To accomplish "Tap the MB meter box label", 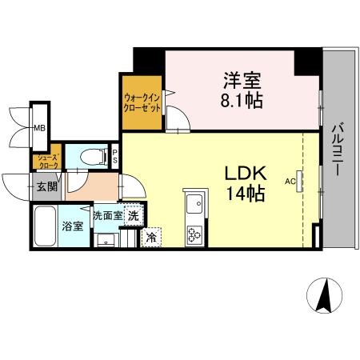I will coord(38,127).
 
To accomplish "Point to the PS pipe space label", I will coord(115,155).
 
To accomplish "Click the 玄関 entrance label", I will coord(46,187).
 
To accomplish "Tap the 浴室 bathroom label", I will coord(73,225).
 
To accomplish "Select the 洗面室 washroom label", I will coord(106,215).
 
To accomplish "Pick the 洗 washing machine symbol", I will coord(133,215).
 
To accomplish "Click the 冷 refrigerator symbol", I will coord(150,236).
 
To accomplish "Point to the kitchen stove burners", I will coord(195,234).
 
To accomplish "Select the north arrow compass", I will coord(325,297).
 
